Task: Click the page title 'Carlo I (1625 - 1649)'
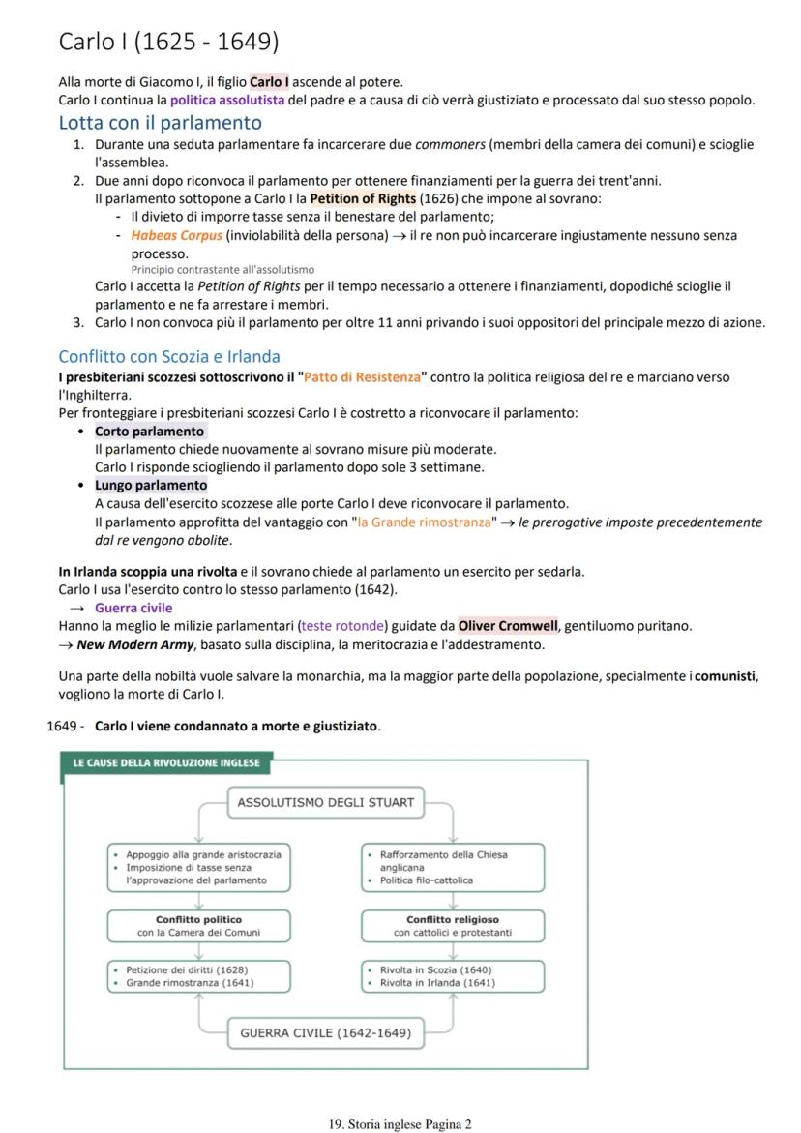click(x=168, y=42)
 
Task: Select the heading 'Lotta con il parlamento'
click(x=160, y=123)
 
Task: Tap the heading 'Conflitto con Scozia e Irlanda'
click(x=168, y=356)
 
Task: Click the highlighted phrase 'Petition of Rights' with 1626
click(x=363, y=198)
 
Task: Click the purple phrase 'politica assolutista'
click(x=227, y=100)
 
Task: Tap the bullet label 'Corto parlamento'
click(x=149, y=431)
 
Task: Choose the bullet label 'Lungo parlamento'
click(x=150, y=485)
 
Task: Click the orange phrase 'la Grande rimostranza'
click(x=424, y=522)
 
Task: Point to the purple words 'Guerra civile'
click(x=133, y=608)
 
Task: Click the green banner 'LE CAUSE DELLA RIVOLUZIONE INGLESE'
click(x=165, y=763)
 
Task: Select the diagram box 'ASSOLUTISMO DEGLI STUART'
click(x=325, y=802)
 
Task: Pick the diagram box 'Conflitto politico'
click(x=198, y=926)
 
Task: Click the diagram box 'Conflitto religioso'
click(x=453, y=926)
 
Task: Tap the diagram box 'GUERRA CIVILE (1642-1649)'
click(x=325, y=1033)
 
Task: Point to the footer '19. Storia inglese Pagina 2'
click(x=400, y=1124)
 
